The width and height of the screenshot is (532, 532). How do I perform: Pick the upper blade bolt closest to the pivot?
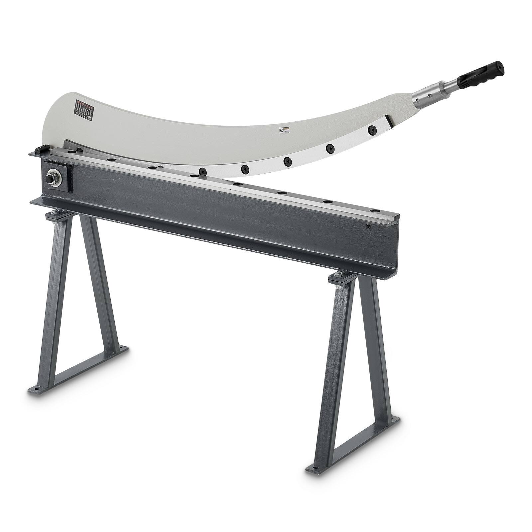(202, 171)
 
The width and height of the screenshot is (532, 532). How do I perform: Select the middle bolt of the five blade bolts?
(287, 161)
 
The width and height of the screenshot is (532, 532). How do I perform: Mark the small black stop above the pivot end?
(40, 149)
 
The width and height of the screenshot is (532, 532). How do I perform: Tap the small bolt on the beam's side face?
(368, 227)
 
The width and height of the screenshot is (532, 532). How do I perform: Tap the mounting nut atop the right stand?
(338, 273)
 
